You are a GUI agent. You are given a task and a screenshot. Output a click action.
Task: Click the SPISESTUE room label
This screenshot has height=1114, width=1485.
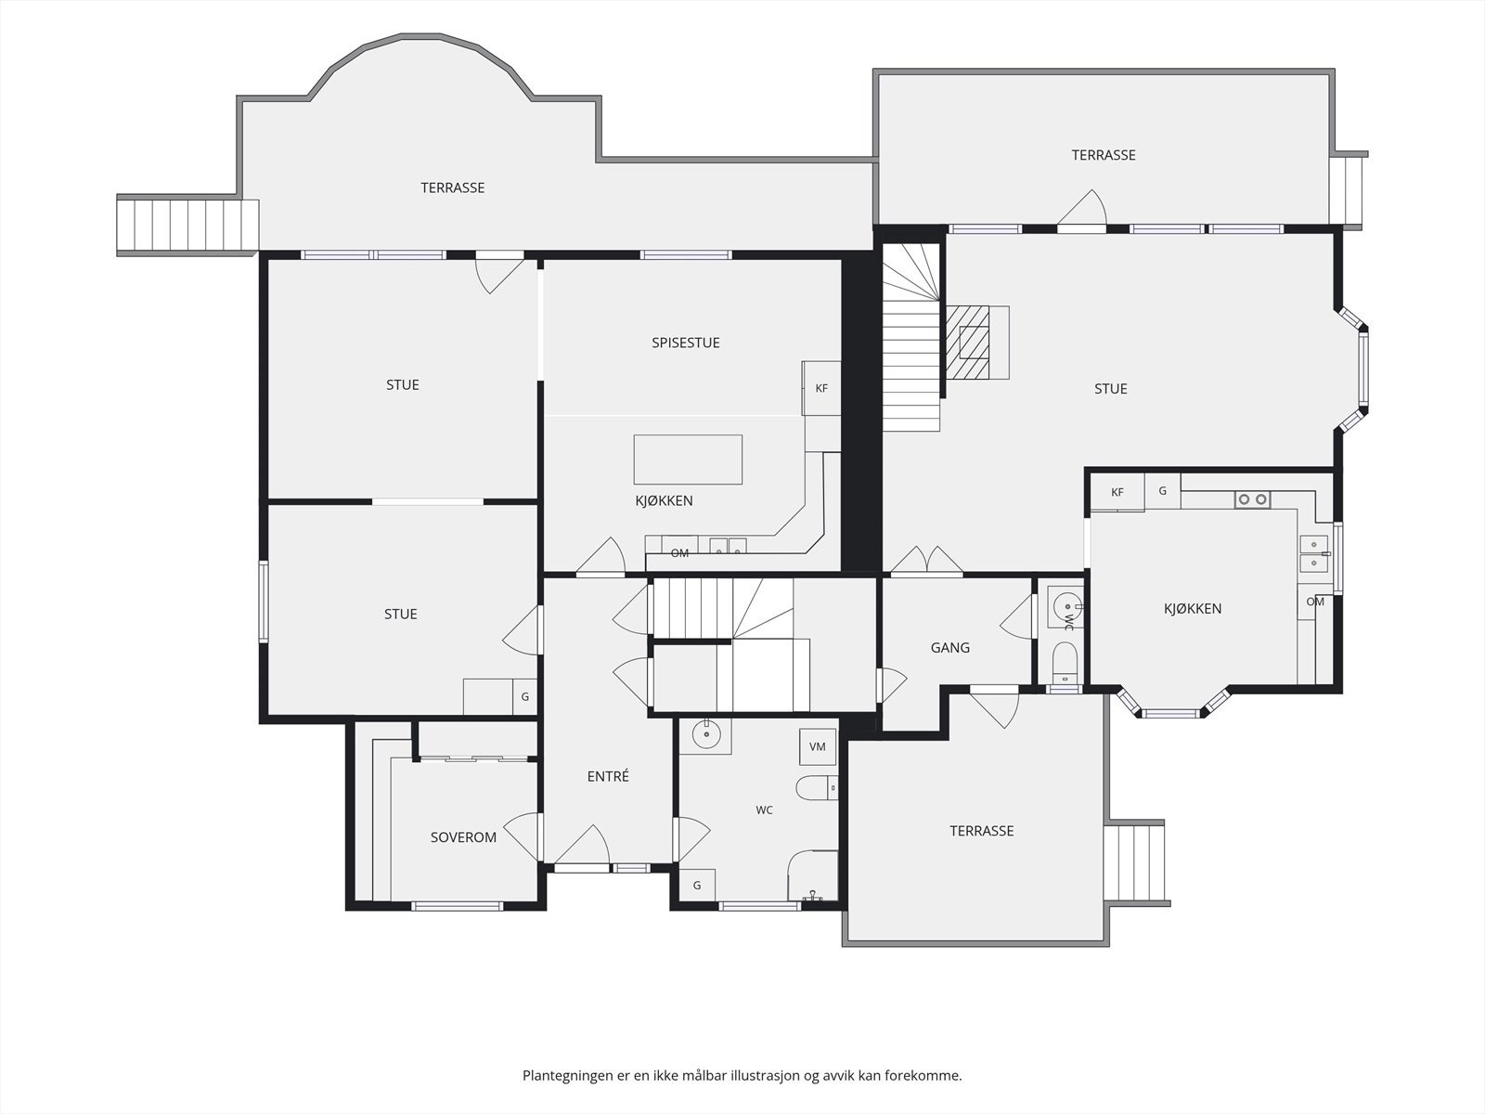click(685, 343)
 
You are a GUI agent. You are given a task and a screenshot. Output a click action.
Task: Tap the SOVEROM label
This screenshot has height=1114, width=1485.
click(463, 837)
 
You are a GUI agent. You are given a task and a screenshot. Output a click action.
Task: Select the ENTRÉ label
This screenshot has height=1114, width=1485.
click(608, 776)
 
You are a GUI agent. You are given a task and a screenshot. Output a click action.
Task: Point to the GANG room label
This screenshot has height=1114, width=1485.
click(949, 648)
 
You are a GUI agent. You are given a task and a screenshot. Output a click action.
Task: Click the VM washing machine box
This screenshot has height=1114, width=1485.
click(818, 746)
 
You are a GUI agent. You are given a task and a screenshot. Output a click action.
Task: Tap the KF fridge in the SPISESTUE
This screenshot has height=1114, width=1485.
click(821, 388)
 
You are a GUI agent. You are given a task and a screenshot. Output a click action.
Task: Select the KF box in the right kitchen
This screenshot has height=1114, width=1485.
click(1117, 492)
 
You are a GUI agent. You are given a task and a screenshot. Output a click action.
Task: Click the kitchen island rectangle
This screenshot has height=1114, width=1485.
click(688, 460)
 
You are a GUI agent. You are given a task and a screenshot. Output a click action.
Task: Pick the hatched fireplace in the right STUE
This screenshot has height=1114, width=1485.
click(967, 343)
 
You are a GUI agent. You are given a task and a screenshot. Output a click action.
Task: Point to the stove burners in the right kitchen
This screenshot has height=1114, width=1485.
click(1252, 499)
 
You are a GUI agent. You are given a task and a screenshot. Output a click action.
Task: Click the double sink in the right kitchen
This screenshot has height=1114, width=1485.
click(1313, 553)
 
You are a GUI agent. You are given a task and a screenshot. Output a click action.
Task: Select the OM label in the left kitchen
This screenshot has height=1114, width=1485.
click(679, 553)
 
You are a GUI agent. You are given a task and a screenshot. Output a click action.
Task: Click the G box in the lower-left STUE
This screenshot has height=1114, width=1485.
click(524, 696)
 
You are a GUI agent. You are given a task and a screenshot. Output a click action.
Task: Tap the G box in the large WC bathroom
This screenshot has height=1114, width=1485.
click(697, 886)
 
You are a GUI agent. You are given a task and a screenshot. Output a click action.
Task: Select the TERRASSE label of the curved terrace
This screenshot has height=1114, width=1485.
click(453, 188)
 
